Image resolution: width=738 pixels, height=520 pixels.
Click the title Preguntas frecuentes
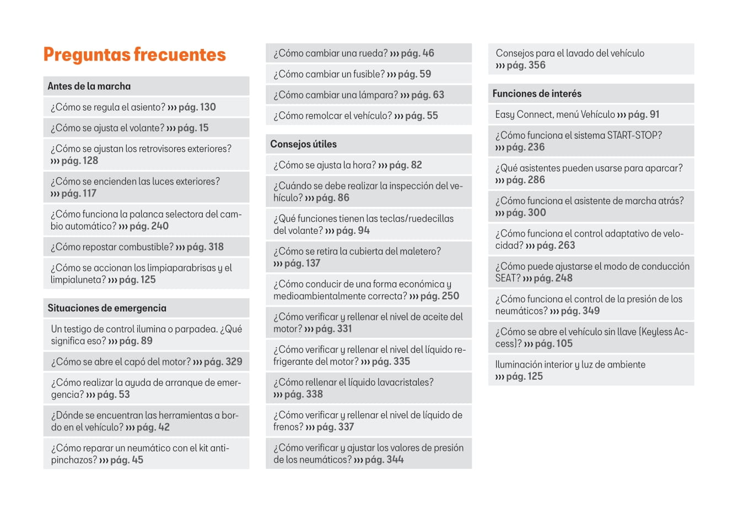point(134,54)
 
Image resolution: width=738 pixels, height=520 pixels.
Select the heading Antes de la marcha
point(89,86)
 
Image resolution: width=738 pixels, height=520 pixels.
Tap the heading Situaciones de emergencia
point(107,308)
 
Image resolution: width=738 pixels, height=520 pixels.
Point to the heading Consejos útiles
point(303,144)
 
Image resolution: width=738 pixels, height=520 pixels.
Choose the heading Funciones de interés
point(537,94)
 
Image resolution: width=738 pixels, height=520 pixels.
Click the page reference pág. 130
point(197,107)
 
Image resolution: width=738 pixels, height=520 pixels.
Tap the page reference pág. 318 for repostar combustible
point(205,247)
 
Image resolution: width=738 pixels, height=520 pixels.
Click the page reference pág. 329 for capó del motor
point(223,362)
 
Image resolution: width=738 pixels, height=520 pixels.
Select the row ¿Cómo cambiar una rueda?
point(368,53)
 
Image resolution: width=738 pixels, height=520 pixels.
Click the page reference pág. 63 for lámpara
point(427,95)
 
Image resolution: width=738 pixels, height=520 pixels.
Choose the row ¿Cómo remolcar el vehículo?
point(368,116)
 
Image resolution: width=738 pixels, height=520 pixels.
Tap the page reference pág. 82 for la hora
point(405,165)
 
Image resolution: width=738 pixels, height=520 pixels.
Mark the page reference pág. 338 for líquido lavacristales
point(303,395)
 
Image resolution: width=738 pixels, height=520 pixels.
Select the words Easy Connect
point(524,114)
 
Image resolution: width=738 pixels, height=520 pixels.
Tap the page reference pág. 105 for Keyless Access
point(553,344)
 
